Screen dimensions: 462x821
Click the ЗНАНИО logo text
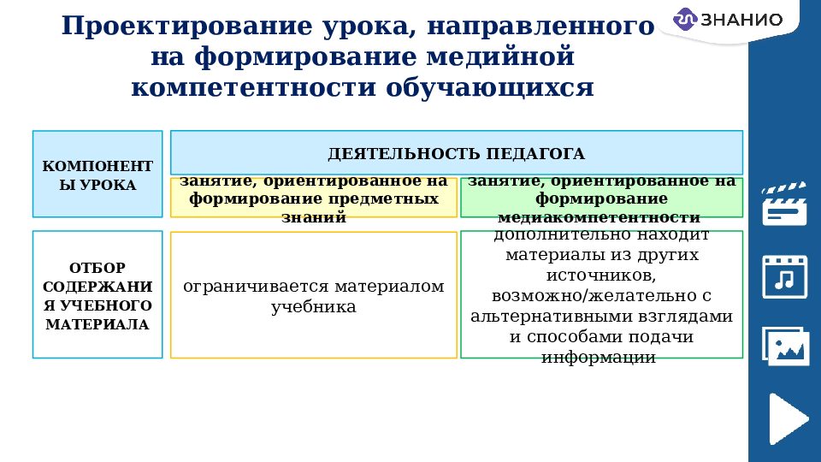coord(741,20)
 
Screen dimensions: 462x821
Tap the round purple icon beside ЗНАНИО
coord(686,20)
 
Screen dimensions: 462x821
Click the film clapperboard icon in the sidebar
coord(784,204)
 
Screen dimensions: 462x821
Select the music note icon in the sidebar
coord(784,275)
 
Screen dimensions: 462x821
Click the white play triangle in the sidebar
coord(788,418)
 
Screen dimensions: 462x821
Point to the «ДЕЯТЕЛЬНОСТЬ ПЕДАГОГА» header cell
coord(456,153)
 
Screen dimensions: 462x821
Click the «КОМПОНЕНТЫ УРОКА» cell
coord(97,174)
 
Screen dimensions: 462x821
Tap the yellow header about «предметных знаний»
coord(314,198)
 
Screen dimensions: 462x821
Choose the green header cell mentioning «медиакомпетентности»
coord(601,198)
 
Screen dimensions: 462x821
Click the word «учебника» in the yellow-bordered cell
coord(314,306)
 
